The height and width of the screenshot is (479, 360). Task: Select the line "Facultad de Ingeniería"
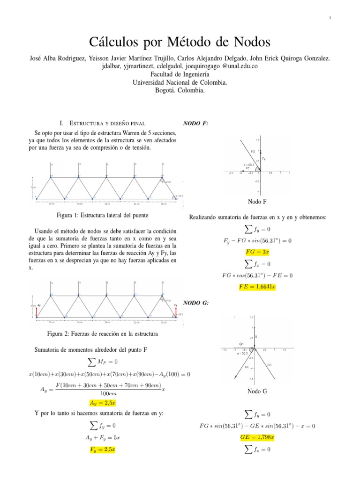(x=180, y=74)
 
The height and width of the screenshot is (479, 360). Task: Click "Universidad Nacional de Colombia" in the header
(x=180, y=82)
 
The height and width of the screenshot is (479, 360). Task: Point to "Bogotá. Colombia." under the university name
(x=180, y=91)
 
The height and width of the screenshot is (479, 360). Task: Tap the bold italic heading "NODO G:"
(x=195, y=303)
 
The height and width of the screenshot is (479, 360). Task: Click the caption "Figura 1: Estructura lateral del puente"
(x=102, y=216)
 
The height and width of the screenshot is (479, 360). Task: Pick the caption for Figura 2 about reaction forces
(x=102, y=334)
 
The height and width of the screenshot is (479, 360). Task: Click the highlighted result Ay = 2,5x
(x=102, y=402)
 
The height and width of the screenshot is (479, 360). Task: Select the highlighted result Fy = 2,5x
(x=102, y=450)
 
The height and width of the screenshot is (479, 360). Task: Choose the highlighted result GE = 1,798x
(x=257, y=437)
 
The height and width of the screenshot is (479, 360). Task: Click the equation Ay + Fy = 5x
(x=102, y=438)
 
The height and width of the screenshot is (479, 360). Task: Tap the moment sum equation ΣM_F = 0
(x=102, y=362)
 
